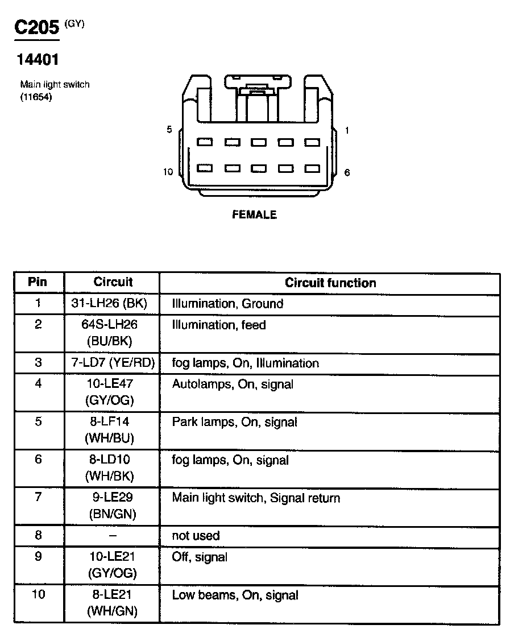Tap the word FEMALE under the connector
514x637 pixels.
click(x=254, y=215)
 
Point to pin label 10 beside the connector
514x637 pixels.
click(x=168, y=172)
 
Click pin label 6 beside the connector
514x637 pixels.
click(x=347, y=172)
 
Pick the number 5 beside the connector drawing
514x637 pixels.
click(x=169, y=130)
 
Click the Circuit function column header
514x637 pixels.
click(x=330, y=283)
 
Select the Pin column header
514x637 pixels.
click(x=38, y=282)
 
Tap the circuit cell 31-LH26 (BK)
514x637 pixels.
click(x=113, y=304)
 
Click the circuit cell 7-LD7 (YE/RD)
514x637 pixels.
click(x=113, y=363)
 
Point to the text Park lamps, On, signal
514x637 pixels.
click(x=235, y=423)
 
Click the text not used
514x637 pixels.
click(x=196, y=536)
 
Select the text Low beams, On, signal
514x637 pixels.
click(x=235, y=595)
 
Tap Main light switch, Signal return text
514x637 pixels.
click(x=256, y=498)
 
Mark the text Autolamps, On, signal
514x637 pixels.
click(x=233, y=384)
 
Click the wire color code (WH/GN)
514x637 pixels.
click(x=113, y=612)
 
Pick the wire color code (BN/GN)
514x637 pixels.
click(x=113, y=514)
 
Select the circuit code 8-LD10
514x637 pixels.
click(x=113, y=460)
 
